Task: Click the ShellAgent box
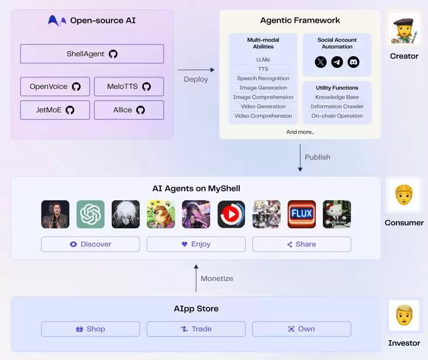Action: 92,54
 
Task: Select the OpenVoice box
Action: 55,87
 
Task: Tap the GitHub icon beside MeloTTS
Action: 146,87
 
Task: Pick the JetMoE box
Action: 55,110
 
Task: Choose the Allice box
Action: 129,110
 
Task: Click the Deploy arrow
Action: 196,70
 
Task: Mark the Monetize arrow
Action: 196,278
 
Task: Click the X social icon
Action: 320,62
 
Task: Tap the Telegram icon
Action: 337,62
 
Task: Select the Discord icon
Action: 353,62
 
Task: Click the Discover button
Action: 90,244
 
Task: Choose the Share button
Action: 301,244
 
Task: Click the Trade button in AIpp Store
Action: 196,329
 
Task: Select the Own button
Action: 301,329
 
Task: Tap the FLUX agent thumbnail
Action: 302,214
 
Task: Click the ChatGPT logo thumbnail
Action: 91,214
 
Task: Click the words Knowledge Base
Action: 337,97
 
